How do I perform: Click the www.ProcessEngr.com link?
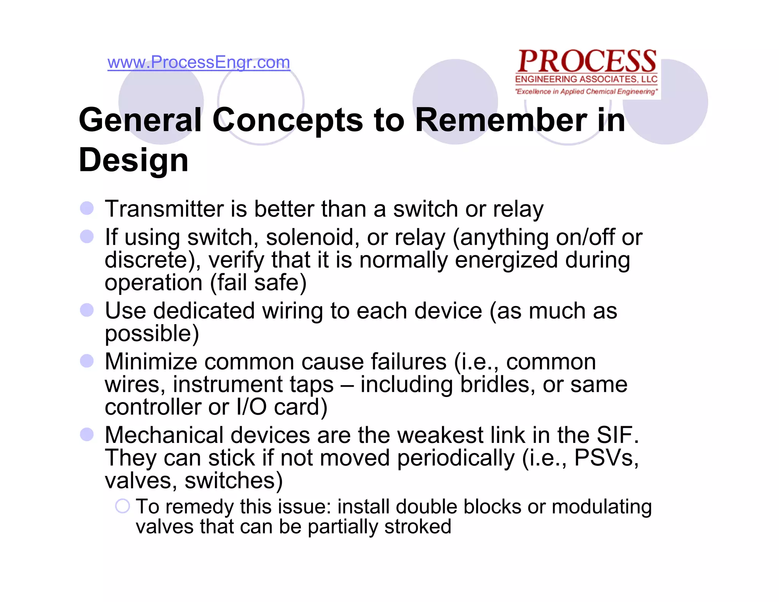point(199,62)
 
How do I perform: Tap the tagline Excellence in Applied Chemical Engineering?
point(586,92)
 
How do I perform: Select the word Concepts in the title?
point(287,120)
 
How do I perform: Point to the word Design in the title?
point(134,160)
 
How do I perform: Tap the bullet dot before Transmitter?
point(87,208)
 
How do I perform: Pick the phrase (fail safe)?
point(258,283)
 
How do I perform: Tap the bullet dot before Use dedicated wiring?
point(87,310)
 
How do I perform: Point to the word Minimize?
point(151,362)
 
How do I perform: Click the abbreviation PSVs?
point(606,458)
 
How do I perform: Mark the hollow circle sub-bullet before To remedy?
point(122,506)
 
